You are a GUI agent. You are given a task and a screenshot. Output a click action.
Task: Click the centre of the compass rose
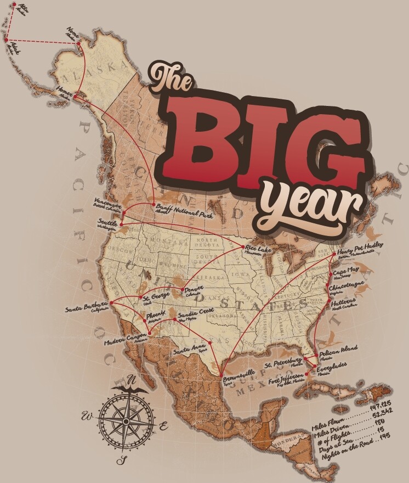coord(126,421)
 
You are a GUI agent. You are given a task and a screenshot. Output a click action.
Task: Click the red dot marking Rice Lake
coord(243,248)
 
